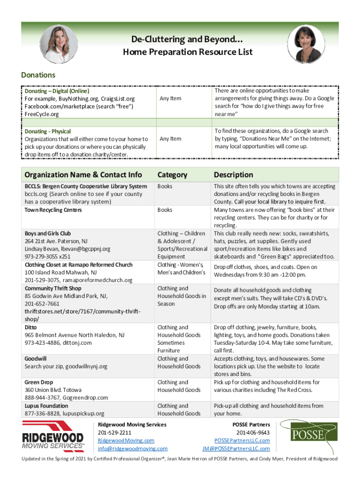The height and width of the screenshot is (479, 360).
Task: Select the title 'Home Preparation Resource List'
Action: click(187, 52)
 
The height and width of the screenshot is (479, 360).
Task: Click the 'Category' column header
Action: click(172, 175)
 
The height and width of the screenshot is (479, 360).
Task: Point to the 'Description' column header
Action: click(233, 175)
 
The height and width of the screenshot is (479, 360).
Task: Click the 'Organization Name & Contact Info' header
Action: click(83, 175)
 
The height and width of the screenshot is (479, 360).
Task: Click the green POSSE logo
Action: click(308, 435)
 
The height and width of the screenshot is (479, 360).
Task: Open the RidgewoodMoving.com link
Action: click(126, 441)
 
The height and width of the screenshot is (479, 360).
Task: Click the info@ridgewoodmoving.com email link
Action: click(132, 449)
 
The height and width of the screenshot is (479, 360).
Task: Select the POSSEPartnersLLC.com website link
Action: click(242, 441)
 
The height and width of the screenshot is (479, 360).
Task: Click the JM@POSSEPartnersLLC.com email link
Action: click(236, 449)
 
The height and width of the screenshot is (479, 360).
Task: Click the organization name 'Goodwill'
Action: click(36, 359)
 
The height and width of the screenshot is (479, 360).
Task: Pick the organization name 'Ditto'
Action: click(31, 327)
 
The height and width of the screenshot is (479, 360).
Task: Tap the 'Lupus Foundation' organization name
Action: click(46, 406)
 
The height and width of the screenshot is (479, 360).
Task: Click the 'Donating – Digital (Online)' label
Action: click(57, 92)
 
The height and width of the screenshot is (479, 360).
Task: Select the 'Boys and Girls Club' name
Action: click(48, 233)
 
